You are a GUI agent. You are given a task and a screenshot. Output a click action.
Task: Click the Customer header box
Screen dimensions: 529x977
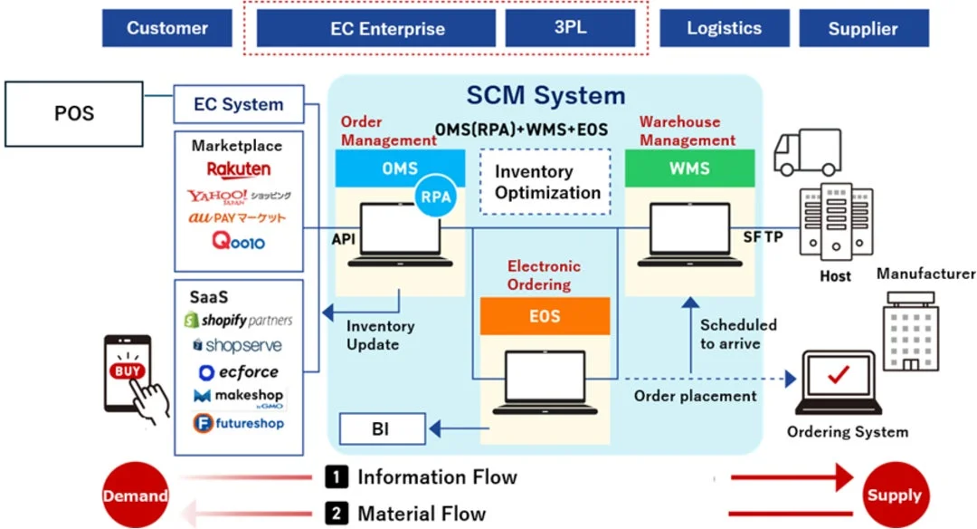click(167, 28)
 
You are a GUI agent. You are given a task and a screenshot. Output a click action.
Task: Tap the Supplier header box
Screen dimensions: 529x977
click(863, 28)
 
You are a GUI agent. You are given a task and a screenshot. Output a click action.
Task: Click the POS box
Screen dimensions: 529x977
click(74, 114)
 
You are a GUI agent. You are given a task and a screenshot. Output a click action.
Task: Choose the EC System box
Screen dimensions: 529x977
click(239, 105)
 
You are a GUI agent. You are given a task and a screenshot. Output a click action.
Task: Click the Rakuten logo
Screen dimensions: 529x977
click(239, 169)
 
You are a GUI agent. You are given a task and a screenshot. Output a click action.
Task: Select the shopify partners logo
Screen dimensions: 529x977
click(239, 321)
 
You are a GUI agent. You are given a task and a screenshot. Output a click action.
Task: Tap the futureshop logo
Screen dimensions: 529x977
click(239, 423)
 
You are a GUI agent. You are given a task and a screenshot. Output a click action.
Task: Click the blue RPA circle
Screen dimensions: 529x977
click(436, 199)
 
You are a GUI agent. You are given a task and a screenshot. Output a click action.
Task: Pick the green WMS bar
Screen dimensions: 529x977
click(689, 168)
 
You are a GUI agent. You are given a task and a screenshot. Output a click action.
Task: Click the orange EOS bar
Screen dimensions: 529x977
click(545, 316)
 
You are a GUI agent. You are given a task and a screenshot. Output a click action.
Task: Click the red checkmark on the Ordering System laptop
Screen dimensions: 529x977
click(835, 374)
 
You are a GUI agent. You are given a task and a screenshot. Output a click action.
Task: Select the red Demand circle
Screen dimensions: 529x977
click(135, 495)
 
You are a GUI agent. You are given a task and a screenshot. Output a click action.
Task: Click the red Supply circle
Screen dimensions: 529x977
click(894, 495)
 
